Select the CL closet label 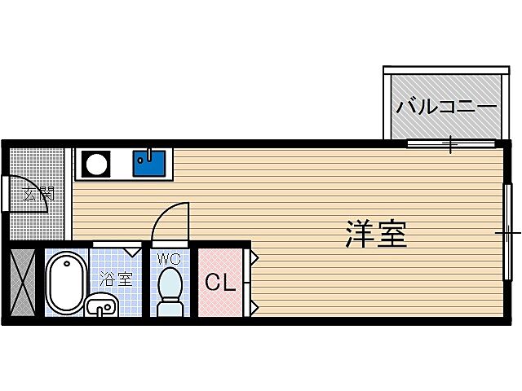coord(219,283)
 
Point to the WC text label coord(170,259)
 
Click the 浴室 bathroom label coord(115,279)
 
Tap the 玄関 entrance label coord(38,194)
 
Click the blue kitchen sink coord(148,162)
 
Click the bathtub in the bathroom coord(65,282)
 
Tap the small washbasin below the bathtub coord(101,307)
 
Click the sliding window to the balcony coord(450,145)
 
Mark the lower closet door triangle coord(254,307)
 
